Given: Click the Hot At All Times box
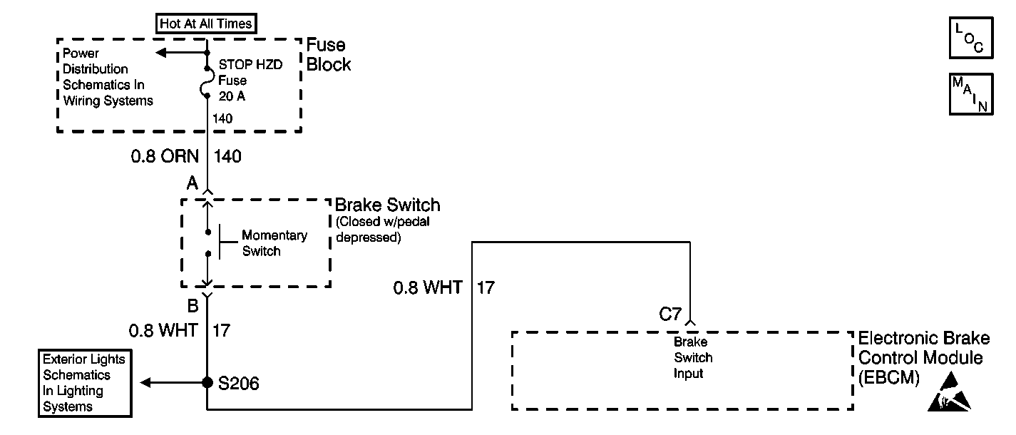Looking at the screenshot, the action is pos(206,24).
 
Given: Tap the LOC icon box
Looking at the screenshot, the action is pos(971,38).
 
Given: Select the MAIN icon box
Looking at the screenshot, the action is pos(971,94).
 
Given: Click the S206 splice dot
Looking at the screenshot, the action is pos(207,382).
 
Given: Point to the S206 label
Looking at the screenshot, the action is pos(239,384).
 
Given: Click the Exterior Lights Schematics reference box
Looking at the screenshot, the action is pos(86,383).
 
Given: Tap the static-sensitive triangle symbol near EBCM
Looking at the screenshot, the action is pos(949,392).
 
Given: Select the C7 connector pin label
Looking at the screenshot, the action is pos(670,314).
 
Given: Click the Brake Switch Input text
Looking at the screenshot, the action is pos(692,357).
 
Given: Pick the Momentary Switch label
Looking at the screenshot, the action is pos(274,243).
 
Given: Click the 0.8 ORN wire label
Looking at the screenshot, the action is pos(165,156).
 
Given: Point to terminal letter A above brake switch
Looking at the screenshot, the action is pos(193,183).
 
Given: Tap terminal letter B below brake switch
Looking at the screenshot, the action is pos(193,306).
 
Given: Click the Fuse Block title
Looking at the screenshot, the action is pos(329,54).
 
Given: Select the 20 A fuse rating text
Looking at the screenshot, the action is pos(232,96).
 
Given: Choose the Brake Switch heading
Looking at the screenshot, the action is pos(387,205).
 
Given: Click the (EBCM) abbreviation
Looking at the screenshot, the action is pos(889,378).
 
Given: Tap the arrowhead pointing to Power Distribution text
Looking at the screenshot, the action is pos(161,53).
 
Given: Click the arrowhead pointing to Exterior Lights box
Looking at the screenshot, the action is pos(145,383).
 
